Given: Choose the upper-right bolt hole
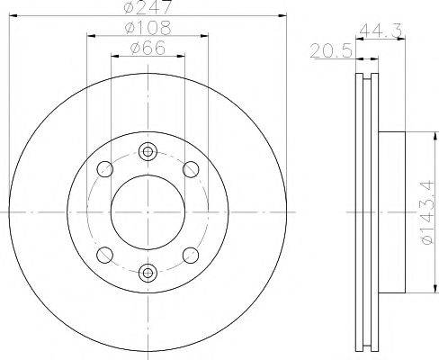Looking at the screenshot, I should click(191, 168).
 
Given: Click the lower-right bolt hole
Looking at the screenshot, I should click(191, 256).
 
